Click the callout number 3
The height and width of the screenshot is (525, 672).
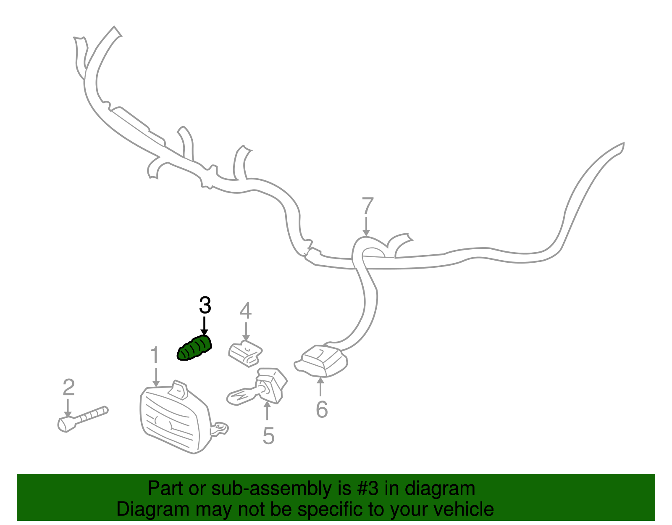click(205, 305)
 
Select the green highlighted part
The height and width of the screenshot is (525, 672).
click(194, 348)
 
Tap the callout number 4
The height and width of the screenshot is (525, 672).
click(246, 310)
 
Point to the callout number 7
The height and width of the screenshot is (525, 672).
click(367, 206)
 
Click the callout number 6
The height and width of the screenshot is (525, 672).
click(322, 409)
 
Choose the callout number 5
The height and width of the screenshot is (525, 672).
click(268, 436)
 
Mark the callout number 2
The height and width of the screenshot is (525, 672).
click(68, 387)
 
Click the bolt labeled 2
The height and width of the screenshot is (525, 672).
click(83, 419)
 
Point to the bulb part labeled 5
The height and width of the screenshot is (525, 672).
click(257, 387)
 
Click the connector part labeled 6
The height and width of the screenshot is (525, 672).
click(321, 360)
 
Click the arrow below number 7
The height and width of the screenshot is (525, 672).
click(366, 227)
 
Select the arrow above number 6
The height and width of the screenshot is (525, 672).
click(321, 387)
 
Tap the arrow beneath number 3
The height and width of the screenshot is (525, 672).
click(204, 326)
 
